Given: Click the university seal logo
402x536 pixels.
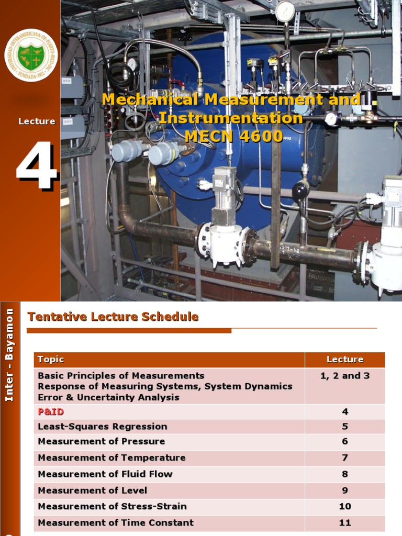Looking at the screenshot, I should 31,55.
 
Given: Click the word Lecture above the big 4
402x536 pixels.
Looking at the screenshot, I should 37,121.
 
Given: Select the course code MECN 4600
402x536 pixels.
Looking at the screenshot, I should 233,136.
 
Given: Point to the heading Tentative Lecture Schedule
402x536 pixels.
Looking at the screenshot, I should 113,317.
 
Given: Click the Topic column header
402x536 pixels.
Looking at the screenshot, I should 51,360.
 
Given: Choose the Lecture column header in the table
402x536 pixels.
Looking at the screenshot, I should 344,360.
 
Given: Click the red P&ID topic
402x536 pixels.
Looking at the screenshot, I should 51,412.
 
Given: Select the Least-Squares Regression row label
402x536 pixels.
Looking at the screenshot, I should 103,427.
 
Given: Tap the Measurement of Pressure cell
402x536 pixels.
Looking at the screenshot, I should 101,441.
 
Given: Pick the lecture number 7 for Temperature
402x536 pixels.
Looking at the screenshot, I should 344,458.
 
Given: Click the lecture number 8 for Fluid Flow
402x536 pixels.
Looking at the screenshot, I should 344,474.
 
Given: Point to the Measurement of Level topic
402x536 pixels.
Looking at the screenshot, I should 92,490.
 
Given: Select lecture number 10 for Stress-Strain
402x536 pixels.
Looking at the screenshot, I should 344,507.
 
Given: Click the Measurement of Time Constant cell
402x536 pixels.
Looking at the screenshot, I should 116,523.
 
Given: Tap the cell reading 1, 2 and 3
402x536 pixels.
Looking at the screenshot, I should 344,376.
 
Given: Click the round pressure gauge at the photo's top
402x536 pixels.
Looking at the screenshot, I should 285,12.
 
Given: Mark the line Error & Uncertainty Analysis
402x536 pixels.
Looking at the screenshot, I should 108,397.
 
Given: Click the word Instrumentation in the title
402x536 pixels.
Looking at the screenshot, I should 231,118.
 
